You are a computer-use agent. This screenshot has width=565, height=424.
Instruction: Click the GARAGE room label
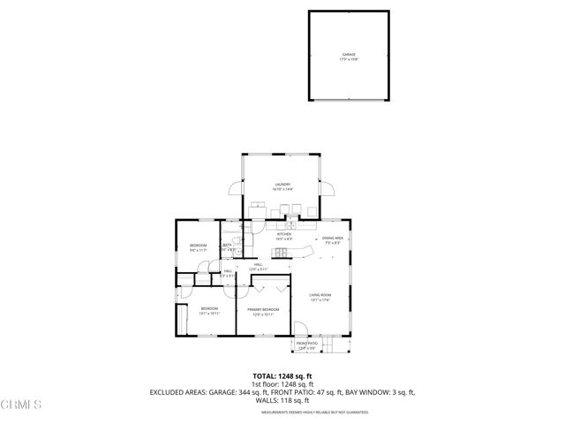coord(350,57)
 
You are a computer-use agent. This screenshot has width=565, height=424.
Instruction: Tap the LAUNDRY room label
coord(282,186)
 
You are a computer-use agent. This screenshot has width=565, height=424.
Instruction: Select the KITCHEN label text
coord(283,237)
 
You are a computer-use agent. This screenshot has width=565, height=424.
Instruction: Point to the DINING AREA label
coord(332,239)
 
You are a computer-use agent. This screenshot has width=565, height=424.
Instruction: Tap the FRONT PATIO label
coord(305,345)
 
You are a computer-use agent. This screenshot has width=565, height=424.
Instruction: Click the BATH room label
coord(226,247)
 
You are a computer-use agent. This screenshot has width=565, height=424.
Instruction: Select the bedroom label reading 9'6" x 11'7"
coord(198,247)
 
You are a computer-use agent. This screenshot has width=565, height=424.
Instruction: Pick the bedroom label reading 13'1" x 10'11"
coord(208,311)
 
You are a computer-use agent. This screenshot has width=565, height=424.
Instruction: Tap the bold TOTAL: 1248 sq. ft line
coord(282,375)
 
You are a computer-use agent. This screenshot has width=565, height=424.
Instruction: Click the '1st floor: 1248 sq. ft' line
coord(282,383)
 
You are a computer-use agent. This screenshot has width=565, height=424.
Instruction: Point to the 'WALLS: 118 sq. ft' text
coord(282,401)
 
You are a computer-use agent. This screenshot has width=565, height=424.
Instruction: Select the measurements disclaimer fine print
coord(282,412)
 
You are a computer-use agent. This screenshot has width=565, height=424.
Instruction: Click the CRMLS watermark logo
coord(22,405)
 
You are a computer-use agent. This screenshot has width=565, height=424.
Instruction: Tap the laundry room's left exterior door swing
coord(234,187)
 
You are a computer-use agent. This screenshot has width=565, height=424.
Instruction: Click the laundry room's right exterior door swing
coord(328,187)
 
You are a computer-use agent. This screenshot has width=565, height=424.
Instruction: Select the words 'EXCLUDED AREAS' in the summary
coord(181,392)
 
